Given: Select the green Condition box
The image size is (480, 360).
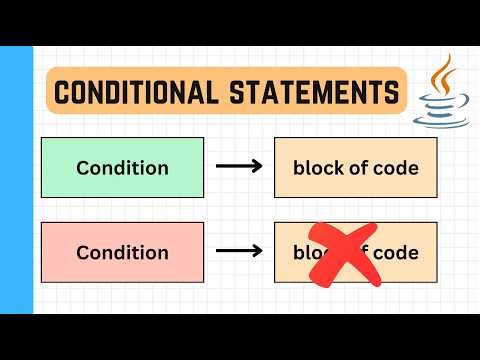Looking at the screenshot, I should coord(122,167).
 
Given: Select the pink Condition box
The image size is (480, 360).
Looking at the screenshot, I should coord(122,252).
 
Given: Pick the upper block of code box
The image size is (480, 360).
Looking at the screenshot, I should coord(355,167).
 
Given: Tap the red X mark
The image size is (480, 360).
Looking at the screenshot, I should coord(344,254).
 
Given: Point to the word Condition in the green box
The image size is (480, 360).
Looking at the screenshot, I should coord(122,167).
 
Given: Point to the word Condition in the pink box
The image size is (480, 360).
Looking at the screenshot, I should coord(122,252).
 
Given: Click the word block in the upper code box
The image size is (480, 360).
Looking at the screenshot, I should coord(315,167).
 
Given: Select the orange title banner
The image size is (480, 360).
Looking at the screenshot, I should coord(227,92).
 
